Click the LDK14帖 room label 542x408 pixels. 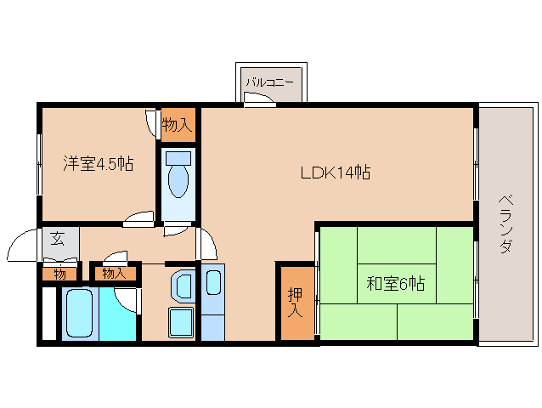point(336,173)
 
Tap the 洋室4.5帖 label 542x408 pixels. point(99,163)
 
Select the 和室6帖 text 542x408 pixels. point(396,284)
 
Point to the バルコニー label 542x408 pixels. point(269,82)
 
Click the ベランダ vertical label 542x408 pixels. point(505,224)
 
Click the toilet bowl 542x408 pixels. point(178,181)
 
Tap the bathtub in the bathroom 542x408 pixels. point(80,313)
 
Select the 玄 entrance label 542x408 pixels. point(58,239)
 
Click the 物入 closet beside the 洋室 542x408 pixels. point(178,124)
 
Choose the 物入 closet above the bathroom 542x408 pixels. point(115,274)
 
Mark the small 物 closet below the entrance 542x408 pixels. point(59,275)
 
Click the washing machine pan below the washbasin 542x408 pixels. point(181,322)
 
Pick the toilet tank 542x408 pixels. point(178,158)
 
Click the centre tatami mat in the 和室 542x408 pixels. point(397,284)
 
